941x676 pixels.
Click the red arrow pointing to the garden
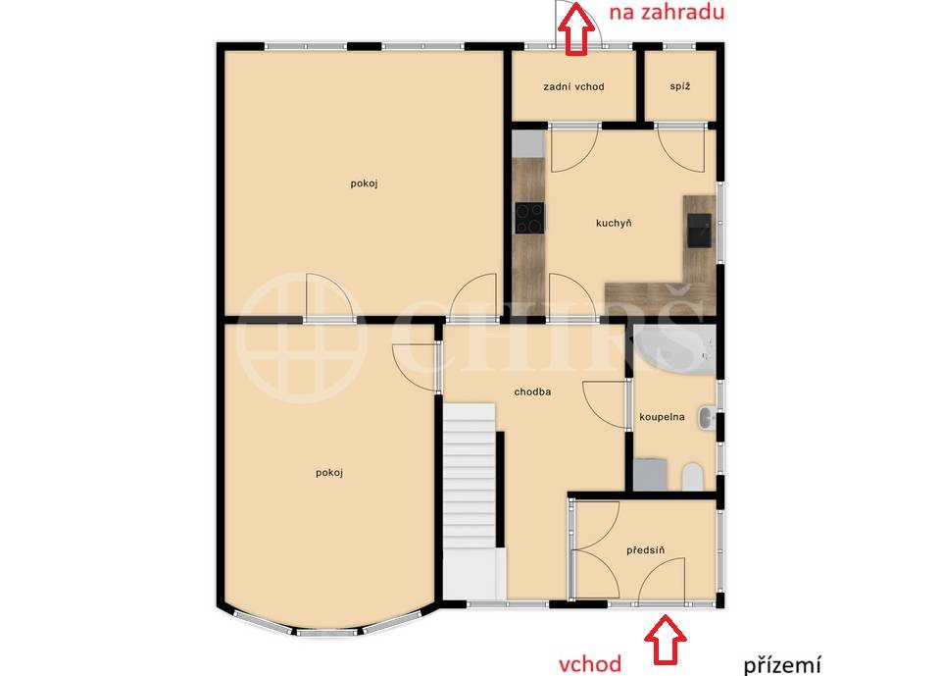click(575, 28)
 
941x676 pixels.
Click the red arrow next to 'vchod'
click(665, 640)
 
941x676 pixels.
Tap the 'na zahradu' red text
click(667, 12)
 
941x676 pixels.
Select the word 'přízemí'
click(782, 664)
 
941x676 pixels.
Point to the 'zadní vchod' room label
click(573, 86)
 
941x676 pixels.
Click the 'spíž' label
click(680, 86)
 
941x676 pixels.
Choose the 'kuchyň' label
click(614, 223)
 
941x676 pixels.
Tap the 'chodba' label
click(532, 391)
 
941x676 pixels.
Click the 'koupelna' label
click(662, 416)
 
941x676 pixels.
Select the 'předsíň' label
click(645, 549)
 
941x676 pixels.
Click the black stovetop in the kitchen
click(530, 218)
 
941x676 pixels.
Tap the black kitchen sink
click(699, 231)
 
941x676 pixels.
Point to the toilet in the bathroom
click(693, 477)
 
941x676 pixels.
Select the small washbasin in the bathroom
click(706, 418)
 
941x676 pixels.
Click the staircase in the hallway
click(470, 500)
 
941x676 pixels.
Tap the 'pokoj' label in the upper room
click(365, 183)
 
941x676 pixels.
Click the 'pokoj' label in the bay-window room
click(329, 472)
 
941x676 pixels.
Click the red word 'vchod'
click(590, 664)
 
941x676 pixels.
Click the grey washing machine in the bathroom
click(651, 475)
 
